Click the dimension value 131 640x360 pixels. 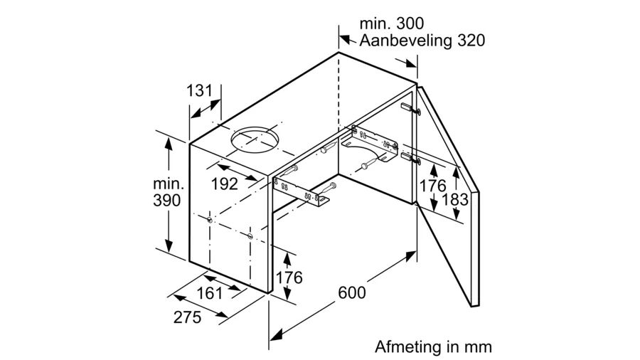pos(200,90)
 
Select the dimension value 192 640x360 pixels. pos(225,184)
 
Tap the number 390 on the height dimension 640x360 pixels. pos(167,201)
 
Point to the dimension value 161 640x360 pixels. pos(210,293)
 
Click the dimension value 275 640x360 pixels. pos(187,317)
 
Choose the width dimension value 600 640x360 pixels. pos(352,292)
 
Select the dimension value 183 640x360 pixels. pos(455,199)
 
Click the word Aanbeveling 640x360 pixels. pos(405,41)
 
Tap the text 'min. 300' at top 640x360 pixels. pos(391,23)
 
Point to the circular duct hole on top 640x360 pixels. pos(255,139)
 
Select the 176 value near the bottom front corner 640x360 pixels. pos(289,277)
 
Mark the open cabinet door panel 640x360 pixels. pos(448,195)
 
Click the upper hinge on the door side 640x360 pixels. pos(410,109)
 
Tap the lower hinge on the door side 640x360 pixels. pos(410,159)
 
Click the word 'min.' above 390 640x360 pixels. pos(169,184)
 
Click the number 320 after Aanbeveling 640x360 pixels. pos(471,41)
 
